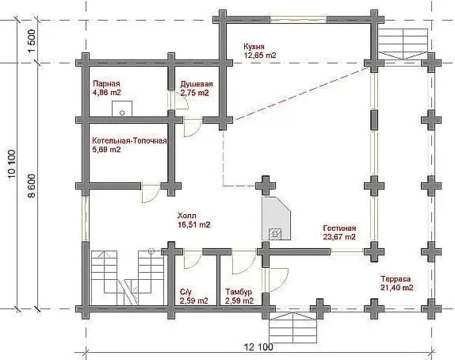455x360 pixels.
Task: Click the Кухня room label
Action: [x=254, y=47]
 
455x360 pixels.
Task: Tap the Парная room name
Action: [x=106, y=83]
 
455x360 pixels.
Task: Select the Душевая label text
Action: [x=197, y=84]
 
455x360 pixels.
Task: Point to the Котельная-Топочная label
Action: [x=129, y=141]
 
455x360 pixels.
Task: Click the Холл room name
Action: [x=186, y=216]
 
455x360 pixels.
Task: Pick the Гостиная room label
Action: [x=339, y=228]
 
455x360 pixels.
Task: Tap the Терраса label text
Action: [x=396, y=279]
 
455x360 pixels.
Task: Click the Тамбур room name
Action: [x=239, y=292]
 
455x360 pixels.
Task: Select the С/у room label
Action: [x=185, y=292]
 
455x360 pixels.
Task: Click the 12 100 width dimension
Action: [x=258, y=347]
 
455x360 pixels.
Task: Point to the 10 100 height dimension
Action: [x=12, y=166]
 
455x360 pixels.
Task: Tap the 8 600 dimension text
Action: [x=32, y=186]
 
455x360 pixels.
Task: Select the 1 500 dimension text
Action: [x=32, y=41]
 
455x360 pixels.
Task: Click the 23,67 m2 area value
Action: [x=339, y=237]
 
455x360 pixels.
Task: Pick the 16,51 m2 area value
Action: [x=194, y=224]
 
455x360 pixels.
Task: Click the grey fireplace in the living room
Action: [x=276, y=218]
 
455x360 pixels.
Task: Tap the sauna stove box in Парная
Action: [x=122, y=109]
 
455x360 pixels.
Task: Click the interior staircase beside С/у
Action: [x=127, y=278]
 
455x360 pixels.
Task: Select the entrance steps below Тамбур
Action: [x=292, y=327]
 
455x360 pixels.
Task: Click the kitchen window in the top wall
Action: [x=299, y=20]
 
